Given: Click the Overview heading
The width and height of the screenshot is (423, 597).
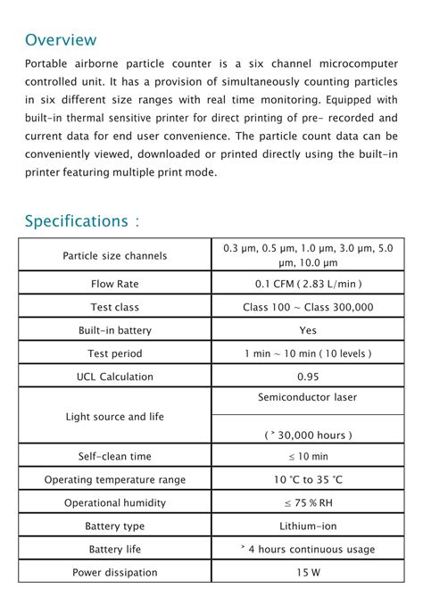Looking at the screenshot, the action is pyautogui.click(x=61, y=40).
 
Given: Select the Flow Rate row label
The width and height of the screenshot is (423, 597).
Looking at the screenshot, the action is pyautogui.click(x=115, y=284).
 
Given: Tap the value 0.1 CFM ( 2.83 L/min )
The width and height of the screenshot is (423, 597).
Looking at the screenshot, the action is pyautogui.click(x=308, y=284).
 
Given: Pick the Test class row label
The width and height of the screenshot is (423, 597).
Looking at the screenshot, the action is pyautogui.click(x=115, y=307).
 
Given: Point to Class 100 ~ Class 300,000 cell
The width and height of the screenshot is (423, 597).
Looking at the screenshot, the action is pyautogui.click(x=308, y=307).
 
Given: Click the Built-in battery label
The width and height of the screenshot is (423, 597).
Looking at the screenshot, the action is pyautogui.click(x=115, y=330).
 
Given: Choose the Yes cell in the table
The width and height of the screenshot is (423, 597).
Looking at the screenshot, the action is pyautogui.click(x=308, y=330).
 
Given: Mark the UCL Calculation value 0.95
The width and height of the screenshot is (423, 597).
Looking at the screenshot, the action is pyautogui.click(x=308, y=377).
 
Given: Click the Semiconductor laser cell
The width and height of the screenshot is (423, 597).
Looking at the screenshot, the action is pyautogui.click(x=308, y=396).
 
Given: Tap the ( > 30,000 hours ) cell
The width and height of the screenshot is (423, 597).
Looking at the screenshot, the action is pyautogui.click(x=308, y=435).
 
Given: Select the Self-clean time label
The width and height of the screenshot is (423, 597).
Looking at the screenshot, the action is pyautogui.click(x=115, y=456).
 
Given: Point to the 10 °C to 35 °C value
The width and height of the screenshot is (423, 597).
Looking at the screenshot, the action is pyautogui.click(x=308, y=479).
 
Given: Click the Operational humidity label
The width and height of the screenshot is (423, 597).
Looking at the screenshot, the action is pyautogui.click(x=115, y=502).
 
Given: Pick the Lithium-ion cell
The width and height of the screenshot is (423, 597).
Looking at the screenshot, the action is pyautogui.click(x=308, y=526).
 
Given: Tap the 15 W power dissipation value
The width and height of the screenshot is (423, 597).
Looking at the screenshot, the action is pyautogui.click(x=308, y=572).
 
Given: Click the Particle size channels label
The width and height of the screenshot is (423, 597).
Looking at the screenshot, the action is pyautogui.click(x=115, y=255).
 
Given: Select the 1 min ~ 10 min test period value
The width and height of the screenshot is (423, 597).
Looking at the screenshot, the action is pyautogui.click(x=308, y=353).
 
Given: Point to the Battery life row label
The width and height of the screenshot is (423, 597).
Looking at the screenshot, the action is pyautogui.click(x=115, y=549).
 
